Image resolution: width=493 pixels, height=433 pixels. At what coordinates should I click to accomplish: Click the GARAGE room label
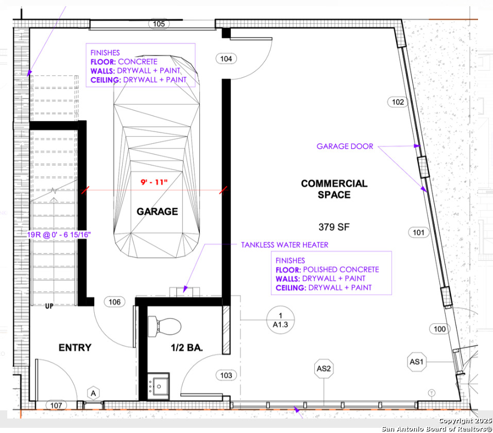click(157, 211)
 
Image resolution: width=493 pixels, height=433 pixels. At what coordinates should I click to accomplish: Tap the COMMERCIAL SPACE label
click(334, 189)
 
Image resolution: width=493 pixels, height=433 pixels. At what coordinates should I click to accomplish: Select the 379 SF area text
click(334, 227)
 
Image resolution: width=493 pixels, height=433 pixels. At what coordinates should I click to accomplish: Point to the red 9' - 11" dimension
click(154, 182)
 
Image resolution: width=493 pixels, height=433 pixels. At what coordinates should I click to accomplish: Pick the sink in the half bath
click(158, 386)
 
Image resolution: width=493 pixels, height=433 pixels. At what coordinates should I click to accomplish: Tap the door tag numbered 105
click(159, 24)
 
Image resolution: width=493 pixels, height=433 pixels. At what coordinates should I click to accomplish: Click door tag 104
click(226, 59)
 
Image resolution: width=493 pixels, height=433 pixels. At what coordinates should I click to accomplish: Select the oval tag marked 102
click(398, 102)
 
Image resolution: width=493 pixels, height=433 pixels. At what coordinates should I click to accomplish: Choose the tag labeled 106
click(114, 302)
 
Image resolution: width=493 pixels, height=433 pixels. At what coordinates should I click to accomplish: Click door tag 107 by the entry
click(56, 405)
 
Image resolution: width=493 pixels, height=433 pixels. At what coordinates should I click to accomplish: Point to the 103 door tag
click(226, 375)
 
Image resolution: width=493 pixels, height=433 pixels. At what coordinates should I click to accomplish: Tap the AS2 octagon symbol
click(324, 369)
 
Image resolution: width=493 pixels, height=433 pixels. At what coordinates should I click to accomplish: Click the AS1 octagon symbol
click(417, 362)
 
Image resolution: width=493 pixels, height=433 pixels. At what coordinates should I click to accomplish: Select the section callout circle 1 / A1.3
click(280, 320)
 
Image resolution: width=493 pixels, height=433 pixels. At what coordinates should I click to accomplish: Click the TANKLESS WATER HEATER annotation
click(284, 245)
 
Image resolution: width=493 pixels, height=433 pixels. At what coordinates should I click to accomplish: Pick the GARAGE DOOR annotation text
click(345, 146)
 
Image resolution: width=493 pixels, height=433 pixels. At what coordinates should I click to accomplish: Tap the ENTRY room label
click(75, 348)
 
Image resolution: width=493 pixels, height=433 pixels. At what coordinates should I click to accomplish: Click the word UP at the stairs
click(49, 306)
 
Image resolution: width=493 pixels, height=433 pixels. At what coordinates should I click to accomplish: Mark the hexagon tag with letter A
click(93, 393)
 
